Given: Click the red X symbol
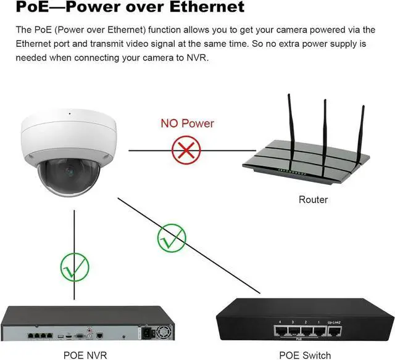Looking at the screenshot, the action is click(x=187, y=150).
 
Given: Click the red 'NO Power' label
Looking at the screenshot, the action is click(x=187, y=123).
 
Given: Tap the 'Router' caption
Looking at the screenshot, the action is click(x=313, y=200).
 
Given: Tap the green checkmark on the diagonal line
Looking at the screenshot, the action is click(x=170, y=237).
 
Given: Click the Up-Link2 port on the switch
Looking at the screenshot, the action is click(x=334, y=331).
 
